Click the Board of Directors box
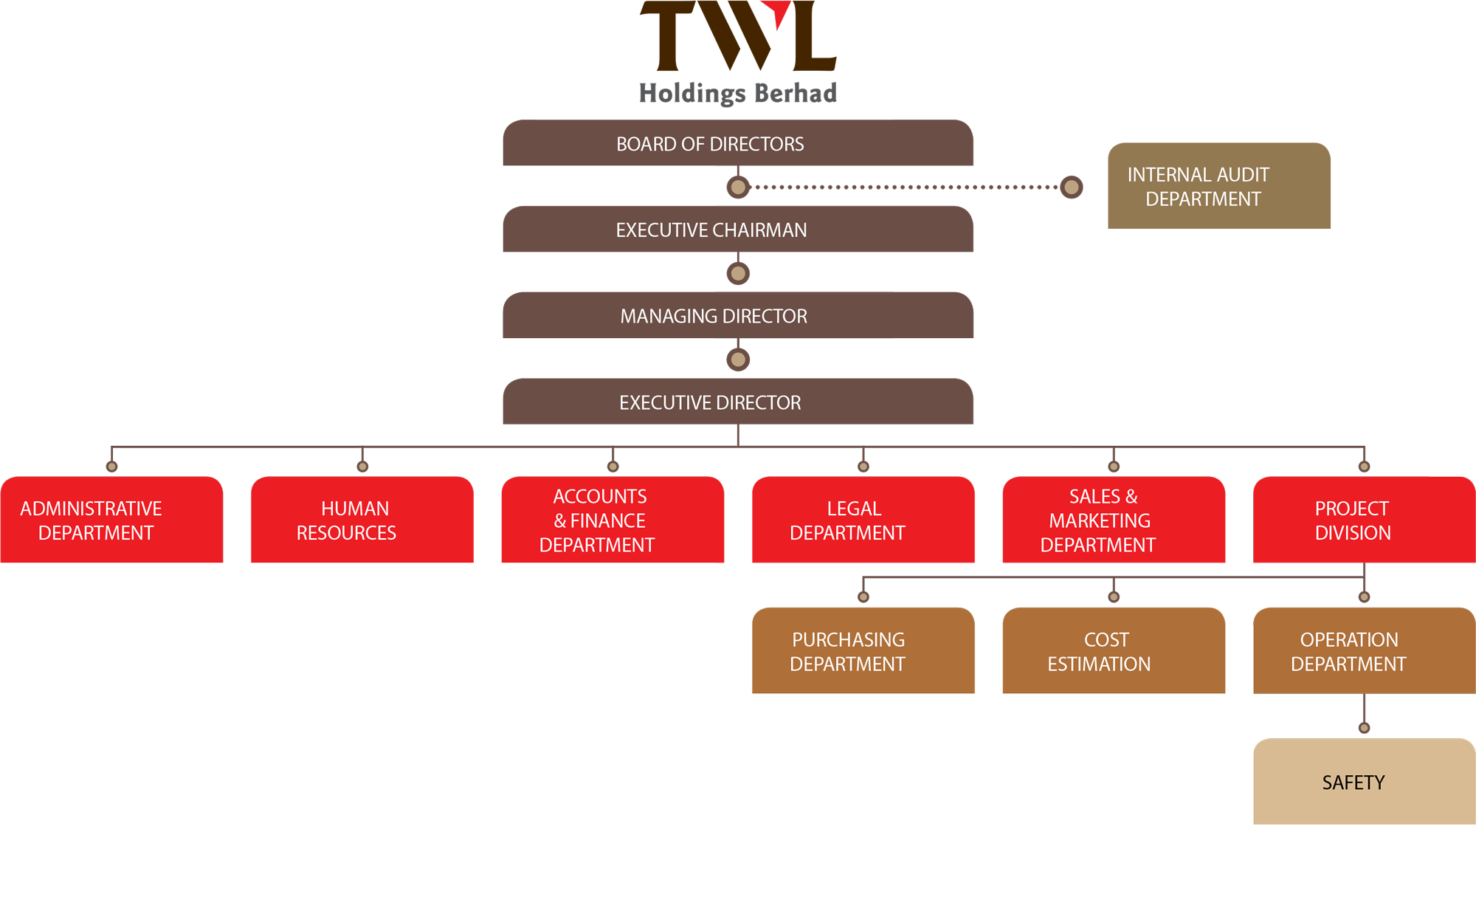tap(738, 143)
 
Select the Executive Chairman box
tap(738, 230)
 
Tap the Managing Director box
tap(738, 316)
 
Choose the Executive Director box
tap(738, 402)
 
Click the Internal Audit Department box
tap(1218, 186)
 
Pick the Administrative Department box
tap(111, 520)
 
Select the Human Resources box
tap(362, 520)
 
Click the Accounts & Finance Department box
tap(613, 520)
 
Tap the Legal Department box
tap(863, 520)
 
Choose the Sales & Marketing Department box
tap(1114, 520)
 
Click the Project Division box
tap(1364, 520)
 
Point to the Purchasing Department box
tap(863, 651)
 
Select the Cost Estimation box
tap(1114, 651)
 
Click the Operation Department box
tap(1364, 651)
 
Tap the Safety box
tap(1364, 782)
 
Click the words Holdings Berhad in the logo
tap(737, 94)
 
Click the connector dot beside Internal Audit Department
tap(1072, 188)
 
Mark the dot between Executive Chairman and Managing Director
tap(738, 274)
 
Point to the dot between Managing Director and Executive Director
tap(738, 360)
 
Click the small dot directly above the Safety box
tap(1364, 728)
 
